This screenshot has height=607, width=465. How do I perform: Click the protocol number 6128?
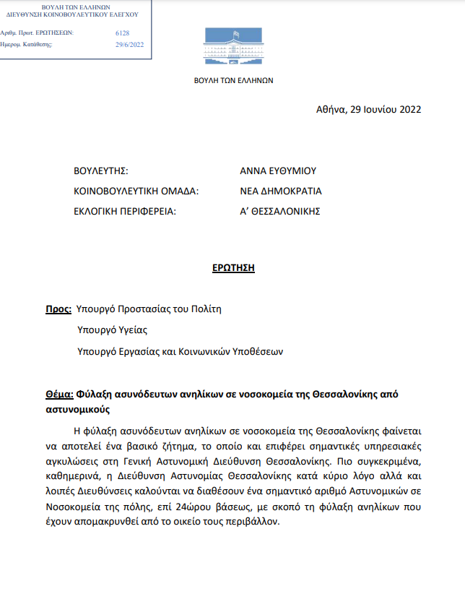[x=122, y=33]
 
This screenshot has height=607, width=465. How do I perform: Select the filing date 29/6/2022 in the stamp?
[x=130, y=44]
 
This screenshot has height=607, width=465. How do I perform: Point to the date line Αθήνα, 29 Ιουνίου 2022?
[x=368, y=110]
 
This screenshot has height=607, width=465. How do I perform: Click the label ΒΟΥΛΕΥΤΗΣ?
[x=101, y=171]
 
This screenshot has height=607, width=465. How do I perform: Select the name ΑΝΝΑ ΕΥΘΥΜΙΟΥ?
[x=278, y=171]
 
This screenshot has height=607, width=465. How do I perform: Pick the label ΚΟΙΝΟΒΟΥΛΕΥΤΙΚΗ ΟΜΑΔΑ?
[x=136, y=191]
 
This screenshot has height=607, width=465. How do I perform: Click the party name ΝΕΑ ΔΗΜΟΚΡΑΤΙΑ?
[x=281, y=191]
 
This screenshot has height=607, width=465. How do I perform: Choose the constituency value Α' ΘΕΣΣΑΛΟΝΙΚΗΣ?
[x=279, y=212]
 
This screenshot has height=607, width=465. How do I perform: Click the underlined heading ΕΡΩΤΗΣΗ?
[x=233, y=267]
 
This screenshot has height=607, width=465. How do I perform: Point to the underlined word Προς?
[x=58, y=309]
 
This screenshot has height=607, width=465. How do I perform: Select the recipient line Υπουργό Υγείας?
[x=112, y=330]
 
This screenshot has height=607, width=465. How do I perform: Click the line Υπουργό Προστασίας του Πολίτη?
[x=149, y=309]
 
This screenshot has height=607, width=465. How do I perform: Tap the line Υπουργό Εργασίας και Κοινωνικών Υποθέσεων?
[x=180, y=352]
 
